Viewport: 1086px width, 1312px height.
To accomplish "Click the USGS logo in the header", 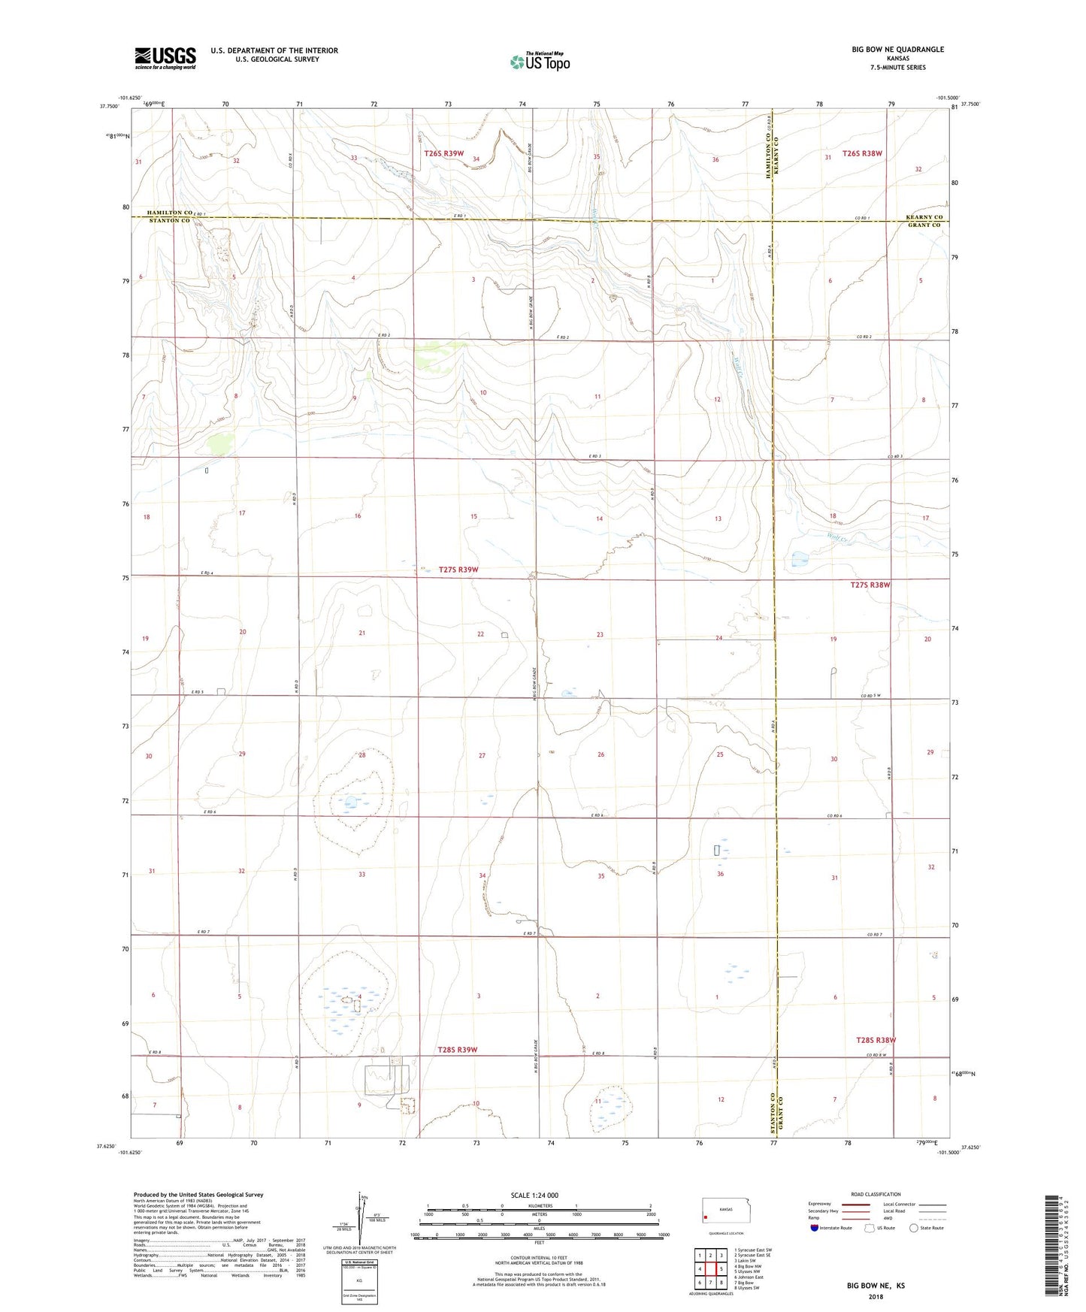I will [x=165, y=58].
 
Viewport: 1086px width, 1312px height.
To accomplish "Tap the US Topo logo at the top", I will [x=539, y=62].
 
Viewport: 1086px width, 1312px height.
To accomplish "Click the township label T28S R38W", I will [x=876, y=1040].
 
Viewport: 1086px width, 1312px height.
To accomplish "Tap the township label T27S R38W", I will [x=870, y=585].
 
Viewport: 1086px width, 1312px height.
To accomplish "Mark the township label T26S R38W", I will [x=862, y=153].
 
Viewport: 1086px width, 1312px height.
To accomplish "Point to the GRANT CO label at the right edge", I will [x=924, y=225].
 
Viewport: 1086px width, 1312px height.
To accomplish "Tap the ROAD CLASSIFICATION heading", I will [x=875, y=1194].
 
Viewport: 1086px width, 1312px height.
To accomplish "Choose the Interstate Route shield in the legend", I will [x=815, y=1229].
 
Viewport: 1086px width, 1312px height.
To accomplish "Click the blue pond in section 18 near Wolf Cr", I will [x=799, y=559].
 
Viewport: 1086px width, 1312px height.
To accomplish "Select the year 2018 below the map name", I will [x=875, y=1295].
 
